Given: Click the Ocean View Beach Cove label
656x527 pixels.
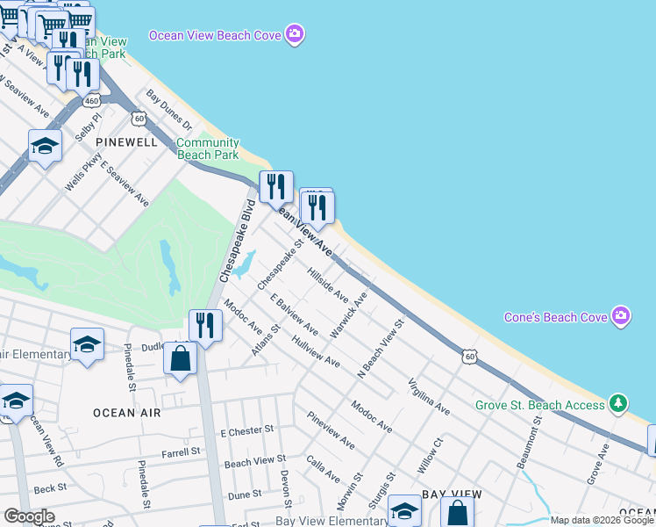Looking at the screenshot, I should [x=215, y=35].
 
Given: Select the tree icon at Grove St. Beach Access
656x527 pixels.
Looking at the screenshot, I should [x=620, y=404].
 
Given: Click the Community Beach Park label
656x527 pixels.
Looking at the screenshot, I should [x=208, y=148].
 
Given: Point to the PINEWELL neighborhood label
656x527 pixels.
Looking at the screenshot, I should [x=126, y=141].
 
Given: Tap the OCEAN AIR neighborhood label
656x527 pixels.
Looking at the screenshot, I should [x=126, y=412].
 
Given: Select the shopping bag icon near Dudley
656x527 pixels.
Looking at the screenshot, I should [x=181, y=360].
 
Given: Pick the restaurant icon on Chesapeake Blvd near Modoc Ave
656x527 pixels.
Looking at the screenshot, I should [x=205, y=326].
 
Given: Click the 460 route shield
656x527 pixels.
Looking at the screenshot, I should [x=91, y=101].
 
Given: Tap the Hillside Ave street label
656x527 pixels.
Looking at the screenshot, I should [x=329, y=285].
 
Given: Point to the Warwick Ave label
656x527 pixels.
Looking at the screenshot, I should [x=348, y=316].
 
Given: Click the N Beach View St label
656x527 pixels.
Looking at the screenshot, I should [x=380, y=349].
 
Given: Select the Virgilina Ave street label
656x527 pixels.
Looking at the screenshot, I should [x=429, y=397].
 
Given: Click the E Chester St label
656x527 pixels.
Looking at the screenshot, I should [x=247, y=431].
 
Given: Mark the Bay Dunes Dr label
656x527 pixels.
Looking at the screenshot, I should [x=169, y=110].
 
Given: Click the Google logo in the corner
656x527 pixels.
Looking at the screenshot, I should [x=29, y=516].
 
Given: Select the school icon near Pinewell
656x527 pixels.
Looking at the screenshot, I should [x=45, y=146].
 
